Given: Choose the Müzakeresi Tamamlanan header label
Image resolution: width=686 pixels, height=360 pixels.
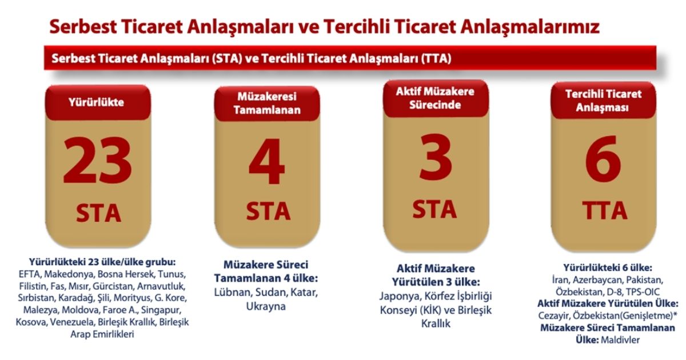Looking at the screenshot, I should coord(267,104).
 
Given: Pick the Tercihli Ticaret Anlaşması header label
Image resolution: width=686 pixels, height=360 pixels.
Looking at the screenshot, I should coord(604,101).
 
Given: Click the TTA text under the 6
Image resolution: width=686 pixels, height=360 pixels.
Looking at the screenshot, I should coord(604,211).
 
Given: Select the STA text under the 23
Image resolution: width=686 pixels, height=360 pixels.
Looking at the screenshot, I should coord(98,213).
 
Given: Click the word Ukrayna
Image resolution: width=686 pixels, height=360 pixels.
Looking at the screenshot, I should coord(266,306).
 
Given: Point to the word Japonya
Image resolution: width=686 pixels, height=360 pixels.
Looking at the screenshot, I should coord(399,296).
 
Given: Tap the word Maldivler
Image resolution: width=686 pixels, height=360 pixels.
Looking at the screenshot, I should coord(620,340).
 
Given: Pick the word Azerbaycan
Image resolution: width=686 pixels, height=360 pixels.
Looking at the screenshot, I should coord(598,281).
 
